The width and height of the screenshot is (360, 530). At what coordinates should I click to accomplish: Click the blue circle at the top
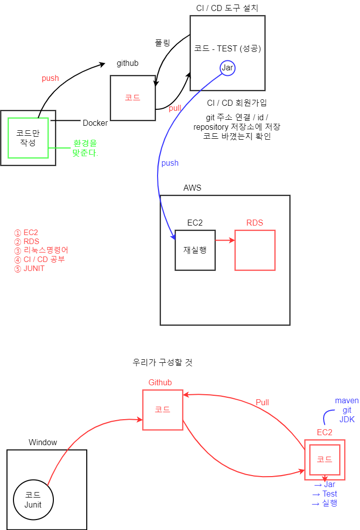click(227, 68)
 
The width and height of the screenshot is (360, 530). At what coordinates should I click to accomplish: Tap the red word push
click(50, 78)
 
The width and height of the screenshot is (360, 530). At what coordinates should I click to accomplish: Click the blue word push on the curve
click(170, 163)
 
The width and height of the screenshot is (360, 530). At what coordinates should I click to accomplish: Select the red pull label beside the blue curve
click(175, 108)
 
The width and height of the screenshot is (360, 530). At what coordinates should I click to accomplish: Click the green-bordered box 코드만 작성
click(28, 138)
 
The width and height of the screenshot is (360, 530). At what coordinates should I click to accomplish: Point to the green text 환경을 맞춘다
click(85, 148)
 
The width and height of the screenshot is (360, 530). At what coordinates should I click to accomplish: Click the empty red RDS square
click(255, 250)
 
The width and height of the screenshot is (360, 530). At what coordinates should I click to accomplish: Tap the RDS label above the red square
click(255, 223)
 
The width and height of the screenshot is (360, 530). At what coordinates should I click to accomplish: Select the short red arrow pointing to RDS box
click(224, 241)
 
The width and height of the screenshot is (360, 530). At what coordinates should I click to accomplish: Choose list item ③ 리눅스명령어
click(41, 251)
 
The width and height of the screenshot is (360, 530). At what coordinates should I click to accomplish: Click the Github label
click(160, 382)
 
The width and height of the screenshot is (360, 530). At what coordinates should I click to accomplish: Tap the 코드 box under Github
click(163, 410)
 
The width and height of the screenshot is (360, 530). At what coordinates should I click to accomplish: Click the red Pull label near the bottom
click(262, 402)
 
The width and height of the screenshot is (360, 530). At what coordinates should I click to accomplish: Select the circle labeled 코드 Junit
click(33, 500)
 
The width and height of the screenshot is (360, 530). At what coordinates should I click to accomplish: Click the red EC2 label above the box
click(325, 432)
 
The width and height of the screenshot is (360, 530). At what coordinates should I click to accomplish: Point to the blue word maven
click(347, 401)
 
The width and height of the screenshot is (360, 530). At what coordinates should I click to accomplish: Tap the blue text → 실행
click(325, 503)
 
